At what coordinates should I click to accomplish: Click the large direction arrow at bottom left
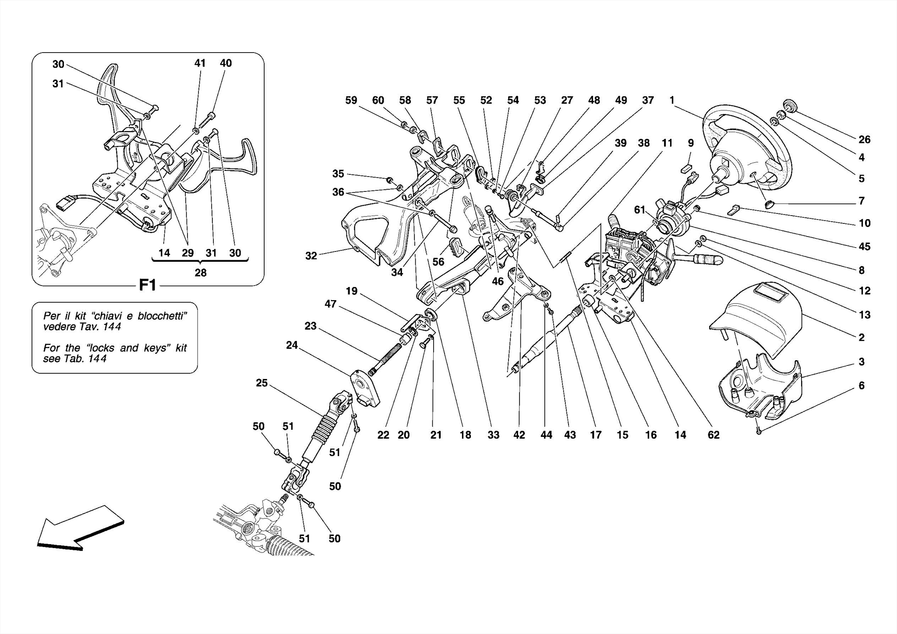pyautogui.click(x=79, y=528)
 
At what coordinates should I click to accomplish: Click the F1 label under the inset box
pyautogui.click(x=148, y=286)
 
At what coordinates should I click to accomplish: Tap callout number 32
pyautogui.click(x=311, y=256)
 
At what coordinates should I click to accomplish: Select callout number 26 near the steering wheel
pyautogui.click(x=864, y=139)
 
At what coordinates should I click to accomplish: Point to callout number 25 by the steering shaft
pyautogui.click(x=261, y=383)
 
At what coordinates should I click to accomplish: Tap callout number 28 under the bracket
pyautogui.click(x=200, y=273)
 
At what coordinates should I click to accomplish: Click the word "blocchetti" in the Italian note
pyautogui.click(x=162, y=316)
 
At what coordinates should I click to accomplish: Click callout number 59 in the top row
pyautogui.click(x=351, y=100)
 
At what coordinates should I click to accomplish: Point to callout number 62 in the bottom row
pyautogui.click(x=713, y=435)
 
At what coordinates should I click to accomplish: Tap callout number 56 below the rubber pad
pyautogui.click(x=438, y=262)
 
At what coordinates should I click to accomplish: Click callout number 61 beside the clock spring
pyautogui.click(x=640, y=210)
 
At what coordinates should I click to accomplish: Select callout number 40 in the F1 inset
pyautogui.click(x=226, y=63)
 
